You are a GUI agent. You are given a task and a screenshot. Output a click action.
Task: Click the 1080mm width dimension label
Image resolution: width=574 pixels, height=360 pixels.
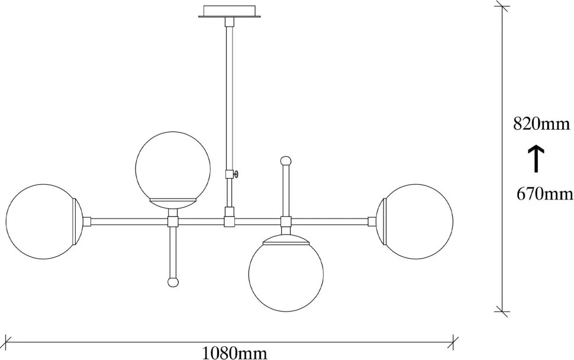[x=235, y=353]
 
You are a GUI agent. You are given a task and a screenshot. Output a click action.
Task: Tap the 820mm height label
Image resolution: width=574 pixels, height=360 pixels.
[x=541, y=124]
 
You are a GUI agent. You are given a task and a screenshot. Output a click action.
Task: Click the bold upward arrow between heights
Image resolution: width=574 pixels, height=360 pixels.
[x=536, y=159]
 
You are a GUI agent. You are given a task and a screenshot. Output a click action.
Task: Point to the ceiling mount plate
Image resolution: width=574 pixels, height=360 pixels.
[x=230, y=11]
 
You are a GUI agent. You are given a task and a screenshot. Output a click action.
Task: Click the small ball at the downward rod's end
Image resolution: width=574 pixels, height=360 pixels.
[x=173, y=282]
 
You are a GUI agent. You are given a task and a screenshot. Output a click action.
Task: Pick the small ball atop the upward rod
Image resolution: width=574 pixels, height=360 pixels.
[x=286, y=161]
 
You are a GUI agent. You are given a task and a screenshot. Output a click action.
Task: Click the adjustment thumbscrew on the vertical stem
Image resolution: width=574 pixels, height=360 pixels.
[x=237, y=173]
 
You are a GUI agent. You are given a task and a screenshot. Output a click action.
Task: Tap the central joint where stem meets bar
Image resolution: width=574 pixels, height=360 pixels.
[x=230, y=221]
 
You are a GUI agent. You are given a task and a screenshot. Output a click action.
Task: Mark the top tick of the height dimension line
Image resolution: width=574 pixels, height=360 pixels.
[x=502, y=7]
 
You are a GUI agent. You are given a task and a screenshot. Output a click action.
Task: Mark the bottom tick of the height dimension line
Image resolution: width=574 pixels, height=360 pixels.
[x=502, y=311]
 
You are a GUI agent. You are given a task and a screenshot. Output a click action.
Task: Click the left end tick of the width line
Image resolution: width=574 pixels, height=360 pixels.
[x=7, y=342]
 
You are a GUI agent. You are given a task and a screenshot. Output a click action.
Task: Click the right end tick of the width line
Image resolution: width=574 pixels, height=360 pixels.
[x=453, y=342]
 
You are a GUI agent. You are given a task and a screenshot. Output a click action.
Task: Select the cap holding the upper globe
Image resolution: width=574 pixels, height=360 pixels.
[x=173, y=202]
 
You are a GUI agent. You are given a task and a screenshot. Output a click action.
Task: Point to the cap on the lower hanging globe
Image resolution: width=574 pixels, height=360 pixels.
[x=286, y=240]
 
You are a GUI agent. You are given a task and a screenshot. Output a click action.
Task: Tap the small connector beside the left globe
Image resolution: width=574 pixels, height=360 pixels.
[x=86, y=221]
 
